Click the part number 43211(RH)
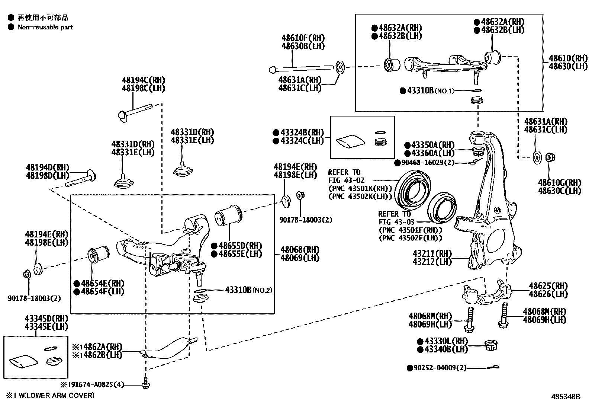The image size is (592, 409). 432,254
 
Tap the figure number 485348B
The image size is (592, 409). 565,397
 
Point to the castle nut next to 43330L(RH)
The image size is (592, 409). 491,346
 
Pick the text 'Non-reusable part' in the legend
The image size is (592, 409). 45,27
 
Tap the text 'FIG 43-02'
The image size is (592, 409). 347,180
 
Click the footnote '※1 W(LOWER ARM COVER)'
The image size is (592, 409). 50,395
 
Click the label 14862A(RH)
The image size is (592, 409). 100,347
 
